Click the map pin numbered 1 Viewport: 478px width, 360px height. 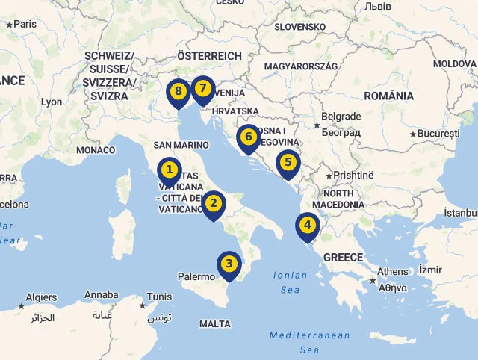coord(170,170)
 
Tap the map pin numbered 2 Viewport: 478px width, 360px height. coord(214,202)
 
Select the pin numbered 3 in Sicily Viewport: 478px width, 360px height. coord(229,263)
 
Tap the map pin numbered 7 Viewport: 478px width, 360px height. coord(202,88)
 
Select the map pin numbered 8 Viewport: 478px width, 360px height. coord(178,91)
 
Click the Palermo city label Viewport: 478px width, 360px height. coord(196,276)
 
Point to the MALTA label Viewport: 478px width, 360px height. coord(215,324)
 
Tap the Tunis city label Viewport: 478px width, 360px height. coord(158,296)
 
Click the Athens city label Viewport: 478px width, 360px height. coord(393,271)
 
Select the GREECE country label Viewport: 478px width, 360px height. coord(343,257)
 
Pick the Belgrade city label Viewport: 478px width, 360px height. coord(341,117)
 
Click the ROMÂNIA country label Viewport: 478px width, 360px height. coord(388,96)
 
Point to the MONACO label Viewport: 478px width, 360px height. coord(96,150)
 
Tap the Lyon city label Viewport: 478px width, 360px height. coord(52,102)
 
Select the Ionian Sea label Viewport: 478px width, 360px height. coord(290,282)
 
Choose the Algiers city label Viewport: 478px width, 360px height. coord(41,297)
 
